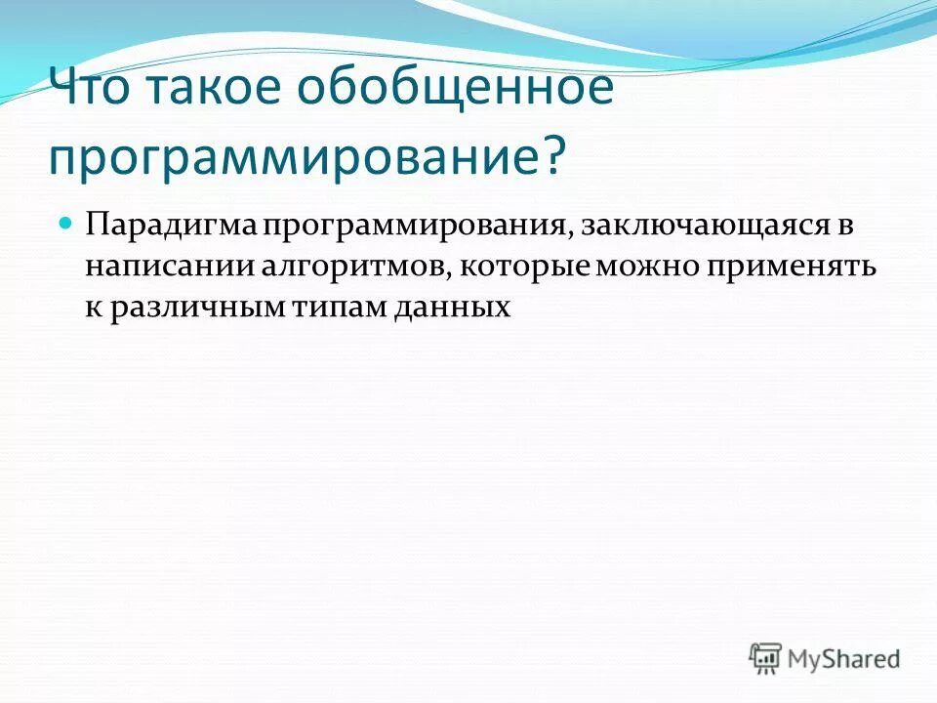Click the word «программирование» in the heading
tap(292, 156)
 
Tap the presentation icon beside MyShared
tap(765, 657)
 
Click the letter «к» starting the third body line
tap(93, 309)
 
